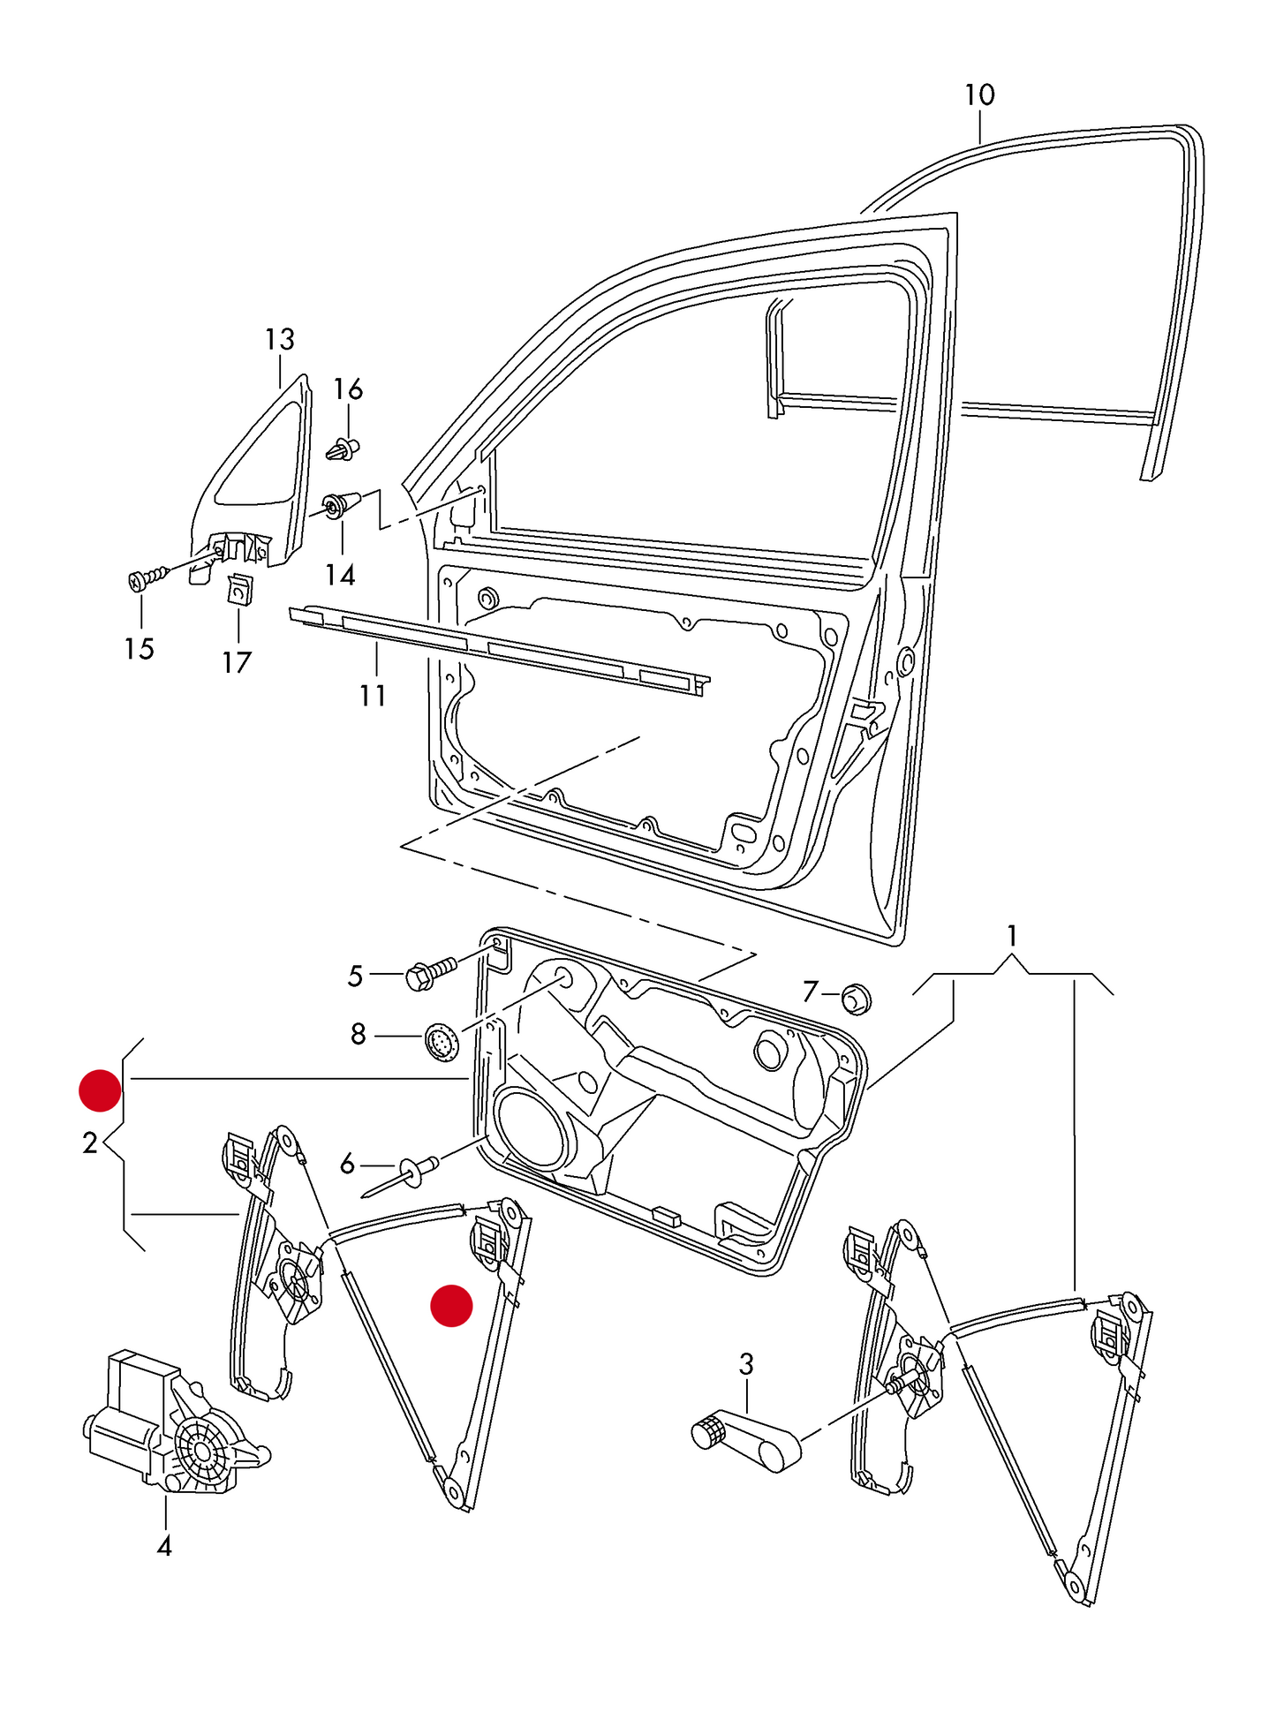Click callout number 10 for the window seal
tap(978, 95)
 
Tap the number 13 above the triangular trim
tap(279, 339)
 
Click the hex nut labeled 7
tap(856, 999)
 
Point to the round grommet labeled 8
tap(442, 1042)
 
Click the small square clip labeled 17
tap(239, 589)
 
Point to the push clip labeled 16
tap(344, 449)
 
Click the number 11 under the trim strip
tap(373, 696)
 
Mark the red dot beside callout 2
tap(100, 1090)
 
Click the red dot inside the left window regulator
tap(451, 1305)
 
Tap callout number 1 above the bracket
tap(1012, 936)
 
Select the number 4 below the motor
tap(164, 1546)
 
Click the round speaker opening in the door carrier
tap(532, 1130)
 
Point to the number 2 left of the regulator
tap(89, 1143)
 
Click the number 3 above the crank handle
tap(746, 1364)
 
